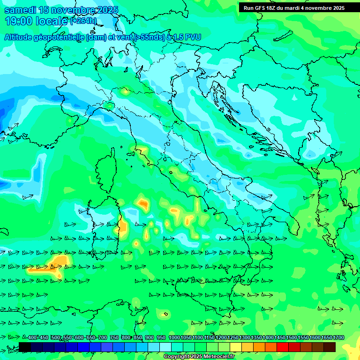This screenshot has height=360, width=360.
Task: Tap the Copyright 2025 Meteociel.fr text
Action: (199, 357)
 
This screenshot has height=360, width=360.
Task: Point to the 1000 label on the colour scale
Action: (174, 338)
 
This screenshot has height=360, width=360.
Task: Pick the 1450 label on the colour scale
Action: (280, 338)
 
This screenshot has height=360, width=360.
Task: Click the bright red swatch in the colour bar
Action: (282, 347)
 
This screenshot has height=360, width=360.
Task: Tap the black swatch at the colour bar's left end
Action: (25, 347)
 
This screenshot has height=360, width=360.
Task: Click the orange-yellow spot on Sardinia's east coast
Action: (123, 227)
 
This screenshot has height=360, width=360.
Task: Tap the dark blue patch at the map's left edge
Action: (5, 115)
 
